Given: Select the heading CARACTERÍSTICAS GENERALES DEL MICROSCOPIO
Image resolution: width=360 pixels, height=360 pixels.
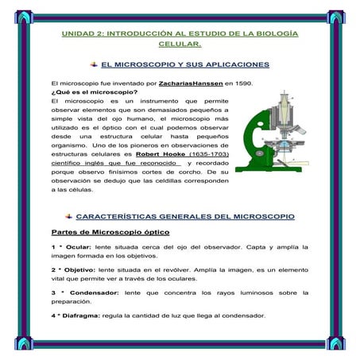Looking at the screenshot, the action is tap(184, 215).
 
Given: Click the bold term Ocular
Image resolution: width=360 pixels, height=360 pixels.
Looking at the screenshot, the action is tap(78, 247).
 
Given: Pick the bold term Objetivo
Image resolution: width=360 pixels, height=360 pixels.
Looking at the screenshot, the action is tap(80, 269).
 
